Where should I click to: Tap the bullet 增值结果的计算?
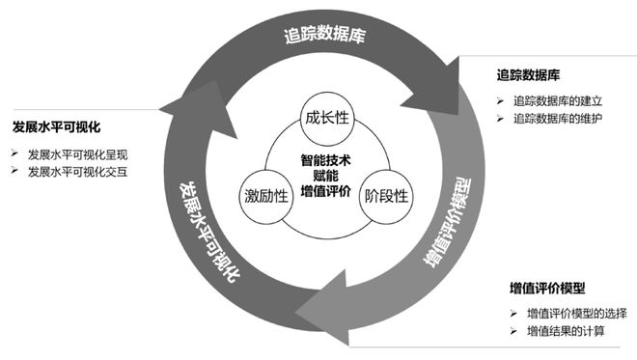click(564, 332)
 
